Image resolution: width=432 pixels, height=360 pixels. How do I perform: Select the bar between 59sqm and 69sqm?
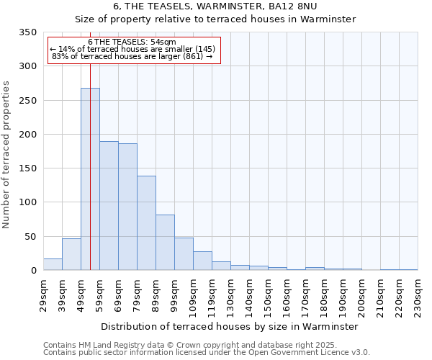(x=109, y=205)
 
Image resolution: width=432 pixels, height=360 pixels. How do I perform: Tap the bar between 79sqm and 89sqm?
(x=146, y=222)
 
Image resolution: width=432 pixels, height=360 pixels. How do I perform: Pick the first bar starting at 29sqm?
(x=53, y=264)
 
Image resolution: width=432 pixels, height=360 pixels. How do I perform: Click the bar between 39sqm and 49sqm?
(x=71, y=254)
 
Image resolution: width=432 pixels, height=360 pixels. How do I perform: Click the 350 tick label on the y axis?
(x=27, y=32)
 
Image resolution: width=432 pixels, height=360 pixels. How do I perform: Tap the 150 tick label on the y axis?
(x=27, y=168)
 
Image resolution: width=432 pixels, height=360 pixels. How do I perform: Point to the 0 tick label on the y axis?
(x=33, y=271)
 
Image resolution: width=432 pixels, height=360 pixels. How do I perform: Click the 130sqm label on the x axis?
(x=231, y=295)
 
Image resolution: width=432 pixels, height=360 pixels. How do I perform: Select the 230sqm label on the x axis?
(x=418, y=295)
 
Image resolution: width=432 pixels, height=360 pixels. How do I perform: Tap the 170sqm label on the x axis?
(x=306, y=295)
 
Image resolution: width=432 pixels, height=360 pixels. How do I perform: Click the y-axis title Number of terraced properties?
(x=6, y=155)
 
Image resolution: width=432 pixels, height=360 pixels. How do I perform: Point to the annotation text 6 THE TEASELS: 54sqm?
(x=132, y=42)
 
